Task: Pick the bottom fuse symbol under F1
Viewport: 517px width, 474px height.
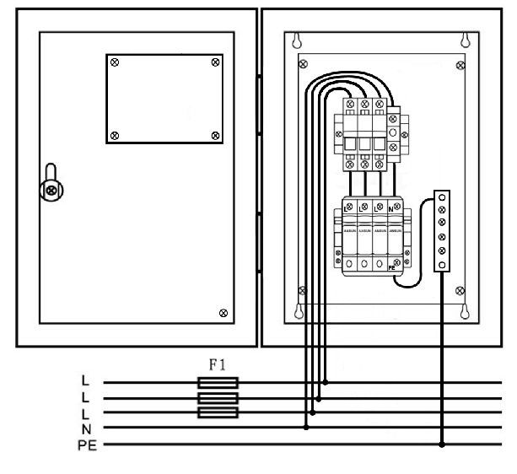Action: click(218, 413)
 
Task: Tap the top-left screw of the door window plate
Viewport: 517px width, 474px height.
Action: click(116, 62)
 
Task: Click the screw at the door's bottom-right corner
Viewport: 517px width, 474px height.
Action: click(223, 313)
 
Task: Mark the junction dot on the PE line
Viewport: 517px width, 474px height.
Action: click(442, 443)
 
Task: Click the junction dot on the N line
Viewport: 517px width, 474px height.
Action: click(305, 428)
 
